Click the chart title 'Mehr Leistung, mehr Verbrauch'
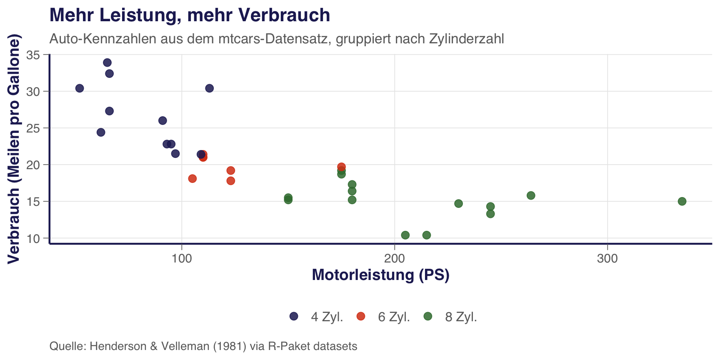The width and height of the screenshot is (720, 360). point(190,15)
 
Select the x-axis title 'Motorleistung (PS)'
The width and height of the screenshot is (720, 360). point(380,275)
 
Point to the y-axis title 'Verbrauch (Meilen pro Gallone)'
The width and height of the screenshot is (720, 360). point(14,150)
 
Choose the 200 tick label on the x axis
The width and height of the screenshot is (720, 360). point(394,259)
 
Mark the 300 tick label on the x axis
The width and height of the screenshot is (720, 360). point(607,259)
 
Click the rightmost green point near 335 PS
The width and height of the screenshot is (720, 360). point(682,202)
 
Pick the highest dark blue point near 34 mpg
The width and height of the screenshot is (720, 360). point(107,63)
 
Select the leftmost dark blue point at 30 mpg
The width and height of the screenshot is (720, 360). point(80,88)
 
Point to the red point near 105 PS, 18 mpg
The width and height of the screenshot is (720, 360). point(192,179)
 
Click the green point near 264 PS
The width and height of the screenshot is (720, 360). point(531,196)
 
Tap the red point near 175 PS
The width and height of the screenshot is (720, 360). point(341,167)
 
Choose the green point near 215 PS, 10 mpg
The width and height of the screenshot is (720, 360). point(427,235)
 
